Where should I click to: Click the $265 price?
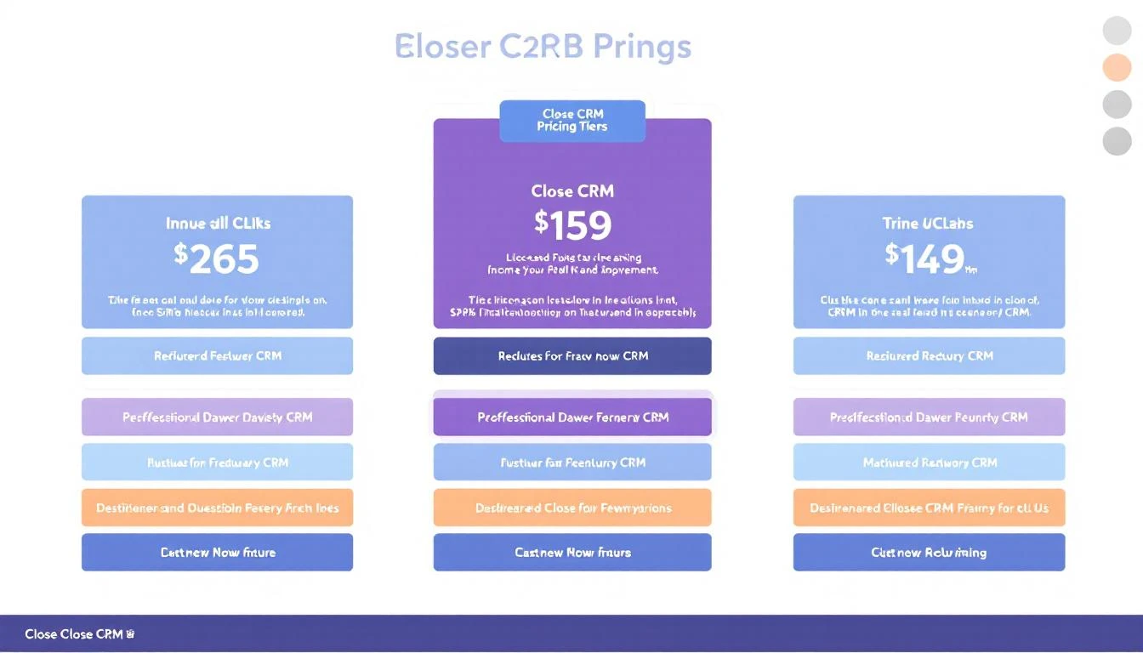pyautogui.click(x=217, y=259)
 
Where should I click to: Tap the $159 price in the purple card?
pyautogui.click(x=572, y=225)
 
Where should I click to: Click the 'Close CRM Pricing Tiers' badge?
pyautogui.click(x=572, y=121)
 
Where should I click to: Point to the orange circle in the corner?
pyautogui.click(x=1117, y=67)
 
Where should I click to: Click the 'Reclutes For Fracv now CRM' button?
pyautogui.click(x=572, y=356)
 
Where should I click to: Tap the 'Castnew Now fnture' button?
pyautogui.click(x=217, y=553)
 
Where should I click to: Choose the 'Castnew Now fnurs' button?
pyautogui.click(x=572, y=553)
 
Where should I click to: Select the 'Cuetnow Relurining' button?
pyautogui.click(x=929, y=553)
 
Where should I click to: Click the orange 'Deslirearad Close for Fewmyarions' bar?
pyautogui.click(x=572, y=508)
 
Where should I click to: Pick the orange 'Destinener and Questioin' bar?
pyautogui.click(x=217, y=508)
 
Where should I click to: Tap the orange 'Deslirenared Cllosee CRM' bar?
pyautogui.click(x=929, y=508)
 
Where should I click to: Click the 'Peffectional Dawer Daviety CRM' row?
pyautogui.click(x=217, y=417)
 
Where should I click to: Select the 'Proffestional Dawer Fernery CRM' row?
pyautogui.click(x=572, y=417)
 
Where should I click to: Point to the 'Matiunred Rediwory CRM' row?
pyautogui.click(x=929, y=463)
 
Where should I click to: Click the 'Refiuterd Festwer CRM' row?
pyautogui.click(x=217, y=356)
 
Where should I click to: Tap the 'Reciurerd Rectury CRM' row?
pyautogui.click(x=929, y=356)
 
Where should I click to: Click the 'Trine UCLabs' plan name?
pyautogui.click(x=928, y=224)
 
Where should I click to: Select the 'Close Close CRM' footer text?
pyautogui.click(x=75, y=634)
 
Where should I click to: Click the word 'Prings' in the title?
pyautogui.click(x=642, y=46)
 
